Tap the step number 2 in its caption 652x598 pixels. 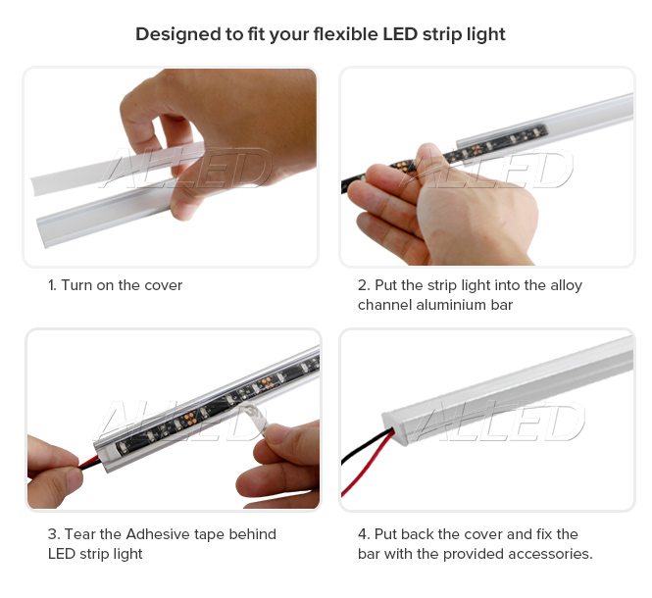coord(363,285)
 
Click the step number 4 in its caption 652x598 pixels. coord(363,534)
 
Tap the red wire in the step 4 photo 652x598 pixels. coord(366,466)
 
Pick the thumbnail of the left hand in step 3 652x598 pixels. coord(75,480)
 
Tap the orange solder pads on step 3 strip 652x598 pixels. coord(188,419)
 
